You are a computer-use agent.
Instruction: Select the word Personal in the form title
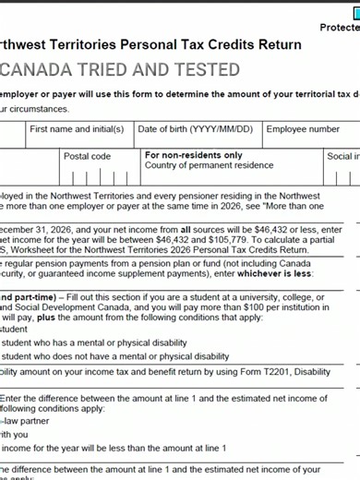coord(149,44)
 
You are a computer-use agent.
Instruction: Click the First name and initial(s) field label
coord(77,129)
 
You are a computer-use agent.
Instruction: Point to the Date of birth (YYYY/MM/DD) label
coord(198,129)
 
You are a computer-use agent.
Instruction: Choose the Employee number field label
coord(303,129)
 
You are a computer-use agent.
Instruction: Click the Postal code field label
coord(87,156)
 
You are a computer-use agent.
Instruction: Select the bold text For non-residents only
coord(194,155)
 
